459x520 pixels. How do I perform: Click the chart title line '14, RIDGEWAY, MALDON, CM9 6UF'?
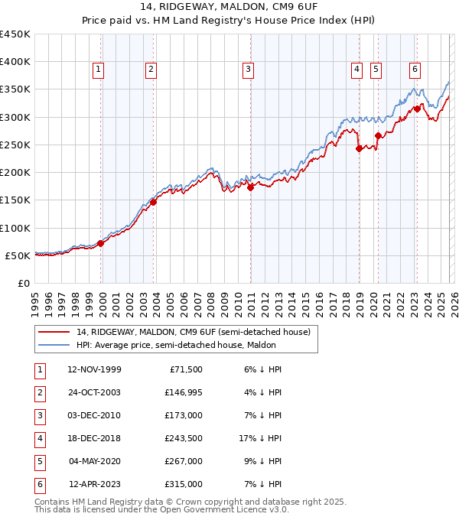pyautogui.click(x=229, y=6)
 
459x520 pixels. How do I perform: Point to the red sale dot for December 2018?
pyautogui.click(x=359, y=149)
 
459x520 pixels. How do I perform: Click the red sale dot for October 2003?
pyautogui.click(x=154, y=202)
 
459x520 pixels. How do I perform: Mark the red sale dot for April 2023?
pyautogui.click(x=417, y=109)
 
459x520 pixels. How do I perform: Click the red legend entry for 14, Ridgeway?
pyautogui.click(x=193, y=332)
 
